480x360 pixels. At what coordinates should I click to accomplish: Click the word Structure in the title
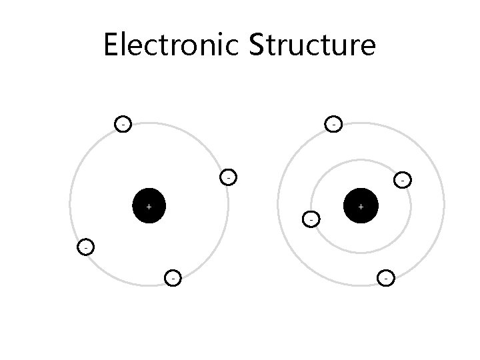pyautogui.click(x=313, y=45)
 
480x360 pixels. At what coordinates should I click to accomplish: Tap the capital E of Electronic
pyautogui.click(x=111, y=45)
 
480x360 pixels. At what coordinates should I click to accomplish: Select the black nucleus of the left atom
pyautogui.click(x=149, y=207)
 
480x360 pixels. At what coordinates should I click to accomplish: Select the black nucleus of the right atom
pyautogui.click(x=361, y=207)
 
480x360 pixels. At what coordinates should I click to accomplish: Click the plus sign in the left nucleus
pyautogui.click(x=149, y=207)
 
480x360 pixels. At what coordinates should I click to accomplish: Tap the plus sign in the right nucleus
pyautogui.click(x=361, y=207)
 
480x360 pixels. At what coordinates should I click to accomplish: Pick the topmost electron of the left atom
pyautogui.click(x=122, y=124)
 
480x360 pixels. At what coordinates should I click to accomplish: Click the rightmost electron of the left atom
pyautogui.click(x=228, y=178)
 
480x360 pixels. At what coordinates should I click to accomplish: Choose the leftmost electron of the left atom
pyautogui.click(x=85, y=247)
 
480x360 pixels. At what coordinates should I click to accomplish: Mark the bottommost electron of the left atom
pyautogui.click(x=173, y=277)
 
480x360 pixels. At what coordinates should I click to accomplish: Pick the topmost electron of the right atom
pyautogui.click(x=333, y=123)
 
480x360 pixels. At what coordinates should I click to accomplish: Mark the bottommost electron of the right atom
pyautogui.click(x=386, y=277)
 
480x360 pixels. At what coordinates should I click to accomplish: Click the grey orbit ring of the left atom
pyautogui.click(x=70, y=200)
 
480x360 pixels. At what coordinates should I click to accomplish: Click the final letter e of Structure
pyautogui.click(x=367, y=48)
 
